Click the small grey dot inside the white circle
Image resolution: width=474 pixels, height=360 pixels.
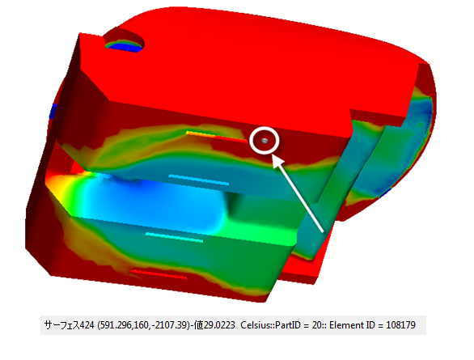tap(265, 141)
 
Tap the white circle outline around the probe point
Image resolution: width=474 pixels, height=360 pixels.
tap(265, 127)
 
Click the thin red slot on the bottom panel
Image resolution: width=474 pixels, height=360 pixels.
tap(159, 274)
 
